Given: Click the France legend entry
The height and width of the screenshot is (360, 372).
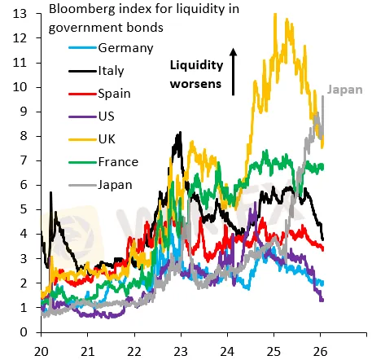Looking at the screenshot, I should coord(118,161).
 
